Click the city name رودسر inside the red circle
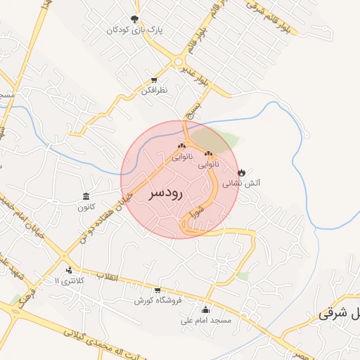167,193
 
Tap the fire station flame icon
241,172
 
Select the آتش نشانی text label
242,183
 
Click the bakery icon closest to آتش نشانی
208,153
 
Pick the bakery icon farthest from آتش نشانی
182,146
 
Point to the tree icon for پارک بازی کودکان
135,19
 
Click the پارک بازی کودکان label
135,30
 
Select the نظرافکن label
154,90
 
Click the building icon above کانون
86,196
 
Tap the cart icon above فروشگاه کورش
157,290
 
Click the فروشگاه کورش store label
158,300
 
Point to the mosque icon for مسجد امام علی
205,309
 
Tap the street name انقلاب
110,276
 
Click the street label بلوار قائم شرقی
265,8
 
